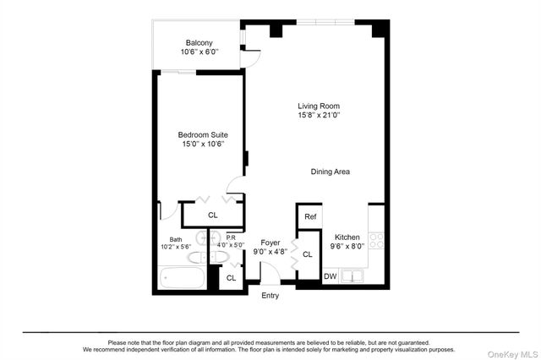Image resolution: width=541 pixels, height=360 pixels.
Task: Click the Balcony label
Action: pos(199,42)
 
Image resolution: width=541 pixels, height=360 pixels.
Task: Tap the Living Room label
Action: pos(320,106)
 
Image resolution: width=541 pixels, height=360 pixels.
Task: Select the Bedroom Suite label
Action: pos(202,134)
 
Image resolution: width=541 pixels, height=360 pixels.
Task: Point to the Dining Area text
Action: pos(330,172)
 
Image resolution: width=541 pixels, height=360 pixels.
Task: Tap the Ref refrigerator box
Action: pos(310,217)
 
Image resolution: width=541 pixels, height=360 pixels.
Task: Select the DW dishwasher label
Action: pos(331,276)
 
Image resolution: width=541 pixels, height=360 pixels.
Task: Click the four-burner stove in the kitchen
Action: pos(379,240)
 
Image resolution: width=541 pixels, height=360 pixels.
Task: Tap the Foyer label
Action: pos(270,242)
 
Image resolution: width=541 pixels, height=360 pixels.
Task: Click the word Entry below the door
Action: pos(270,295)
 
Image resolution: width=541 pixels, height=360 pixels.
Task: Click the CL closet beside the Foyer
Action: pos(307,254)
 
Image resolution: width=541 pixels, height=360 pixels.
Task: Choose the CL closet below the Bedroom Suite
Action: pos(212,215)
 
